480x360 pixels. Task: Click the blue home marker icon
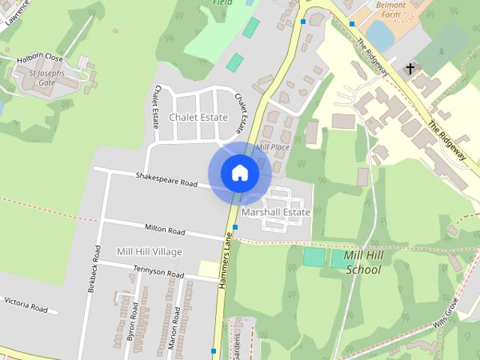[x=239, y=172]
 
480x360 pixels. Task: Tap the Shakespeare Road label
[x=166, y=179]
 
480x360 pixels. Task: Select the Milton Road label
[x=165, y=230]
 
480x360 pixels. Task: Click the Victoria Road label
[x=25, y=304]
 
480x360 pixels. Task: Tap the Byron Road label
[x=132, y=322]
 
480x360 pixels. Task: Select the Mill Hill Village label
[x=149, y=251]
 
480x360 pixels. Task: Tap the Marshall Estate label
[x=276, y=212]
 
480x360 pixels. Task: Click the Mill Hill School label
[x=364, y=262]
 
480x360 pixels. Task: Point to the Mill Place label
[x=272, y=147]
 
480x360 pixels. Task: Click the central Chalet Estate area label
[x=198, y=118]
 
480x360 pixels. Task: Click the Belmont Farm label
[x=390, y=9]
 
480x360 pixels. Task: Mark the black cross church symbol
[x=409, y=69]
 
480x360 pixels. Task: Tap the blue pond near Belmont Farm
[x=381, y=35]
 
